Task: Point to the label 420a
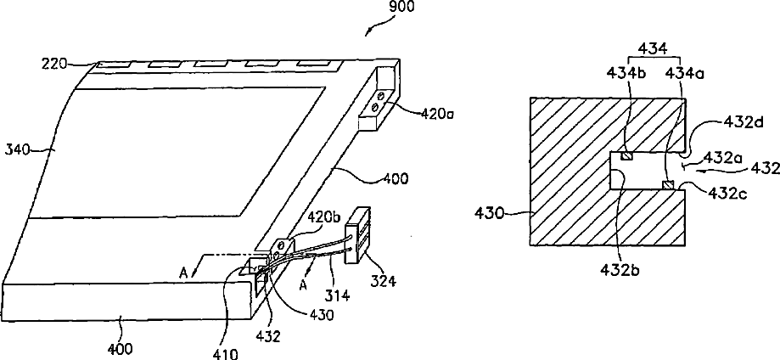pyautogui.click(x=421, y=110)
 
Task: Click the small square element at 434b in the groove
pyautogui.click(x=626, y=155)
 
